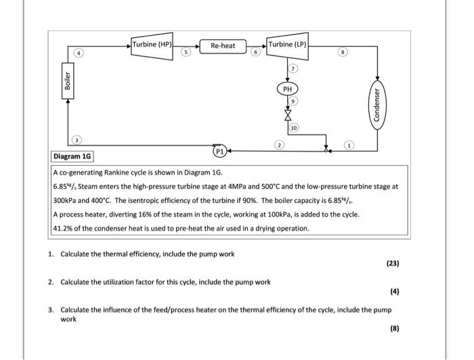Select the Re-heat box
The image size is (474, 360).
pyautogui.click(x=223, y=46)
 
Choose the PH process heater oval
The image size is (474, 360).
pyautogui.click(x=287, y=89)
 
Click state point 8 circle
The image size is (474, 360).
pyautogui.click(x=349, y=51)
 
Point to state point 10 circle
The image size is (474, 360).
pyautogui.click(x=294, y=127)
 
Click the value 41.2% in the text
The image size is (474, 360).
pyautogui.click(x=65, y=228)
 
